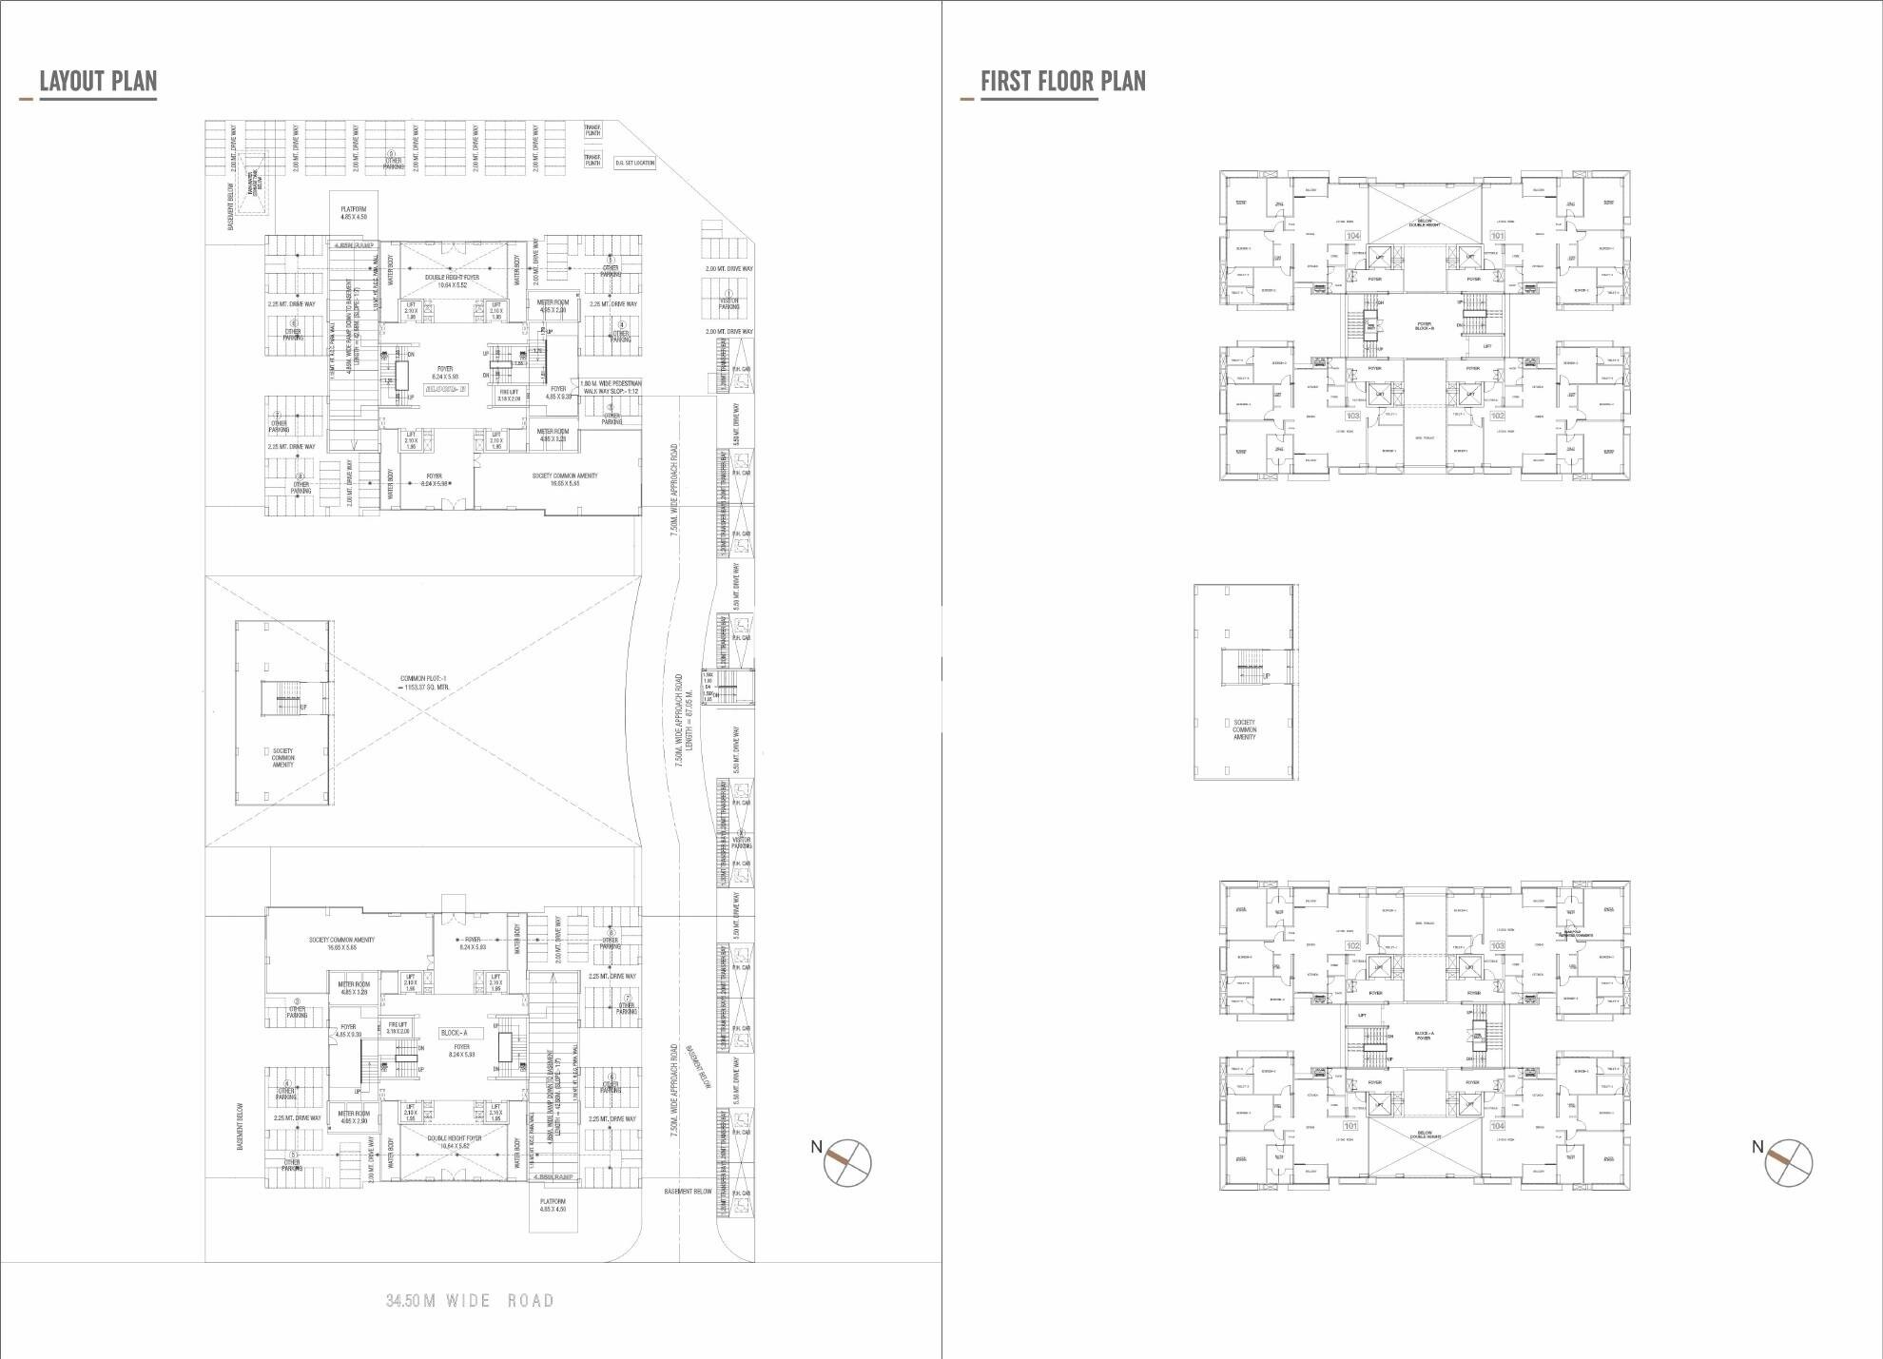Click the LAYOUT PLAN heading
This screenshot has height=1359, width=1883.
(98, 82)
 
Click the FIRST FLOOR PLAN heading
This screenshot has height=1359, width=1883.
(1062, 82)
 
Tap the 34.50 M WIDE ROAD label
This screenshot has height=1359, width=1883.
(470, 1300)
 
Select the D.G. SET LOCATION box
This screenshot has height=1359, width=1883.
(635, 163)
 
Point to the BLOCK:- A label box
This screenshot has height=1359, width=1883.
(454, 1033)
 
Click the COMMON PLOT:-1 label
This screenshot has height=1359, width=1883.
(424, 683)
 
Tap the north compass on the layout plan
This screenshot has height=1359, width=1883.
(846, 1161)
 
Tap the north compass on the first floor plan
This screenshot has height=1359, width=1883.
(1788, 1161)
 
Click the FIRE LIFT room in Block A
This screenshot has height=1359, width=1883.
(398, 1028)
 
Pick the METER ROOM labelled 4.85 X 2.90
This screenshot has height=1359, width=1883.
(354, 1116)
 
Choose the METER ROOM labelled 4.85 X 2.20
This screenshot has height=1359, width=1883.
(553, 306)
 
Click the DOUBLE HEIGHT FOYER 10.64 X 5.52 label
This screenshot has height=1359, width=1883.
(452, 281)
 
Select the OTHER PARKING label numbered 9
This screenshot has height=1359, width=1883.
(392, 161)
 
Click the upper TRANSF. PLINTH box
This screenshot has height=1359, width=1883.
(592, 131)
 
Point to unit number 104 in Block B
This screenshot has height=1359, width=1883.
(1352, 235)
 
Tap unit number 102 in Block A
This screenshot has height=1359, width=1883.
(1352, 946)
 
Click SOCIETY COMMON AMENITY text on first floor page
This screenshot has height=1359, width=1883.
(1244, 729)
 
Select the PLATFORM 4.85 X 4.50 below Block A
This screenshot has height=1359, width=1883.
(553, 1205)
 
